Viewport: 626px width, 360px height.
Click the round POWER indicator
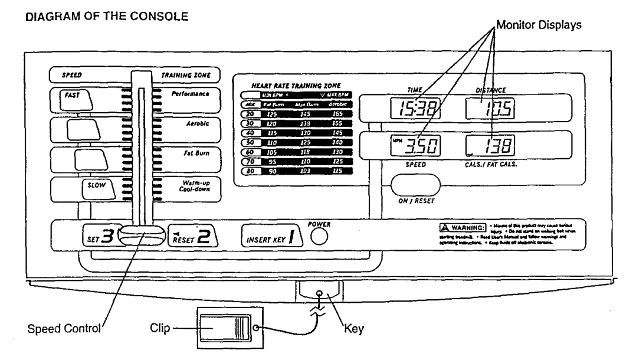coord(319,237)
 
